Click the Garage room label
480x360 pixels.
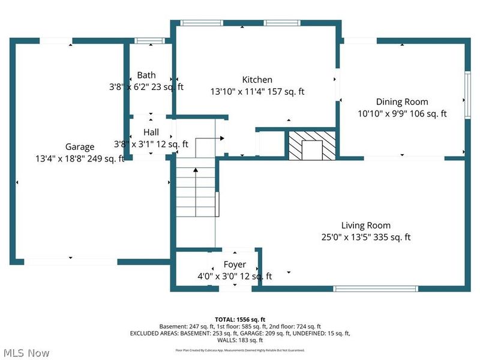click(x=80, y=147)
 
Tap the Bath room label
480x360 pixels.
click(x=146, y=75)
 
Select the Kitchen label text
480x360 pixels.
click(x=257, y=80)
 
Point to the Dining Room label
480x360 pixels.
click(x=402, y=102)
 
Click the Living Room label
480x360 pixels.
click(x=365, y=226)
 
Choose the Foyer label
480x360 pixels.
click(x=235, y=265)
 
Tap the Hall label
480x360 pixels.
click(x=151, y=132)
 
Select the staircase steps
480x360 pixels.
click(x=196, y=192)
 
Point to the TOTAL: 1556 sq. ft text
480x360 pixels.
click(x=239, y=319)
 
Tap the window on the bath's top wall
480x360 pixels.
click(x=146, y=41)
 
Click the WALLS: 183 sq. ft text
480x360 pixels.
click(x=239, y=340)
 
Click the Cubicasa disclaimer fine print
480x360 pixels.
click(x=239, y=350)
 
